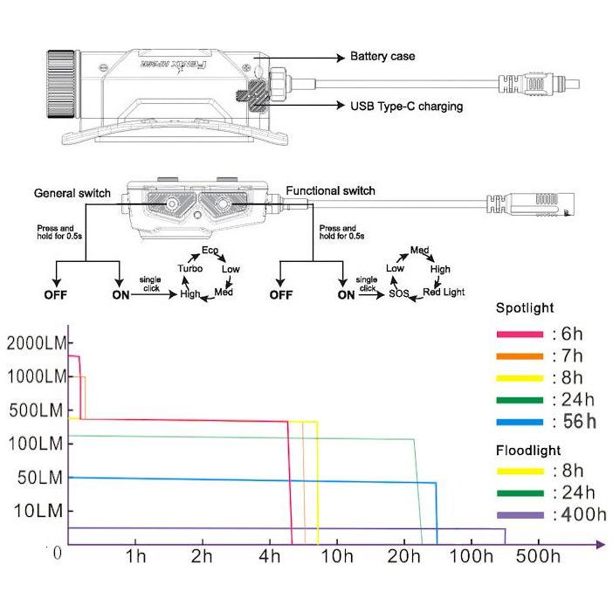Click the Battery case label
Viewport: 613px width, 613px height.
coord(382,57)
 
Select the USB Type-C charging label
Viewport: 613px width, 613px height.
coord(406,107)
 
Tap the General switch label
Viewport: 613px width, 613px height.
coord(72,192)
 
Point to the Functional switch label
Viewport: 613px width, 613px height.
coord(330,190)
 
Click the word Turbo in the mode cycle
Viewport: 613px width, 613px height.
coord(189,269)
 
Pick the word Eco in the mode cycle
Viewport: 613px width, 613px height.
coord(210,251)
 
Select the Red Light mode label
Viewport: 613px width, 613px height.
coord(444,292)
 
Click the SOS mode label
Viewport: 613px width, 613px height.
coord(399,294)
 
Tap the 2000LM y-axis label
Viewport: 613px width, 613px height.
coord(37,343)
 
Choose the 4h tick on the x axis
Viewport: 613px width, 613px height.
coord(269,557)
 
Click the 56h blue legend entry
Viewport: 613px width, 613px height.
coord(575,422)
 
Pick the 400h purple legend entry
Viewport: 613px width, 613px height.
coord(579,514)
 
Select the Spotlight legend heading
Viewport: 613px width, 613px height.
coord(525,308)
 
